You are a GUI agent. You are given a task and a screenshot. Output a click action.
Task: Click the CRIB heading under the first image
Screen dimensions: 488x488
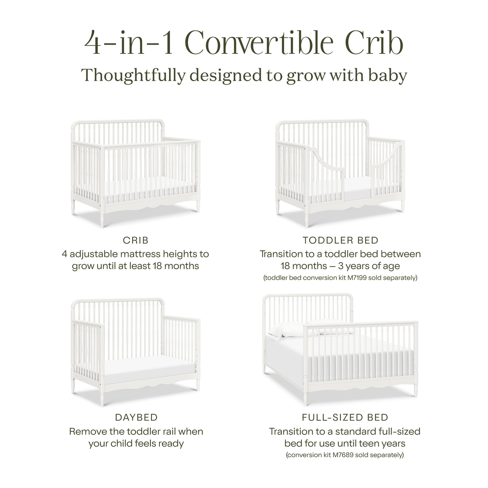point(136,240)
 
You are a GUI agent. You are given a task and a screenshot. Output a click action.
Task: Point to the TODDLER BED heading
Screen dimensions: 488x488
point(340,240)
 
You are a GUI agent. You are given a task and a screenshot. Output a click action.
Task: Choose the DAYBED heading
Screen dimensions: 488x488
point(136,417)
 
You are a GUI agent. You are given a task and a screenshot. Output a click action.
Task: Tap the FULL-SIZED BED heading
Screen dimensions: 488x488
point(345,417)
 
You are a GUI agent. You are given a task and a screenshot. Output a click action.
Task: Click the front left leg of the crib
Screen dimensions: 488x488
point(102,218)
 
